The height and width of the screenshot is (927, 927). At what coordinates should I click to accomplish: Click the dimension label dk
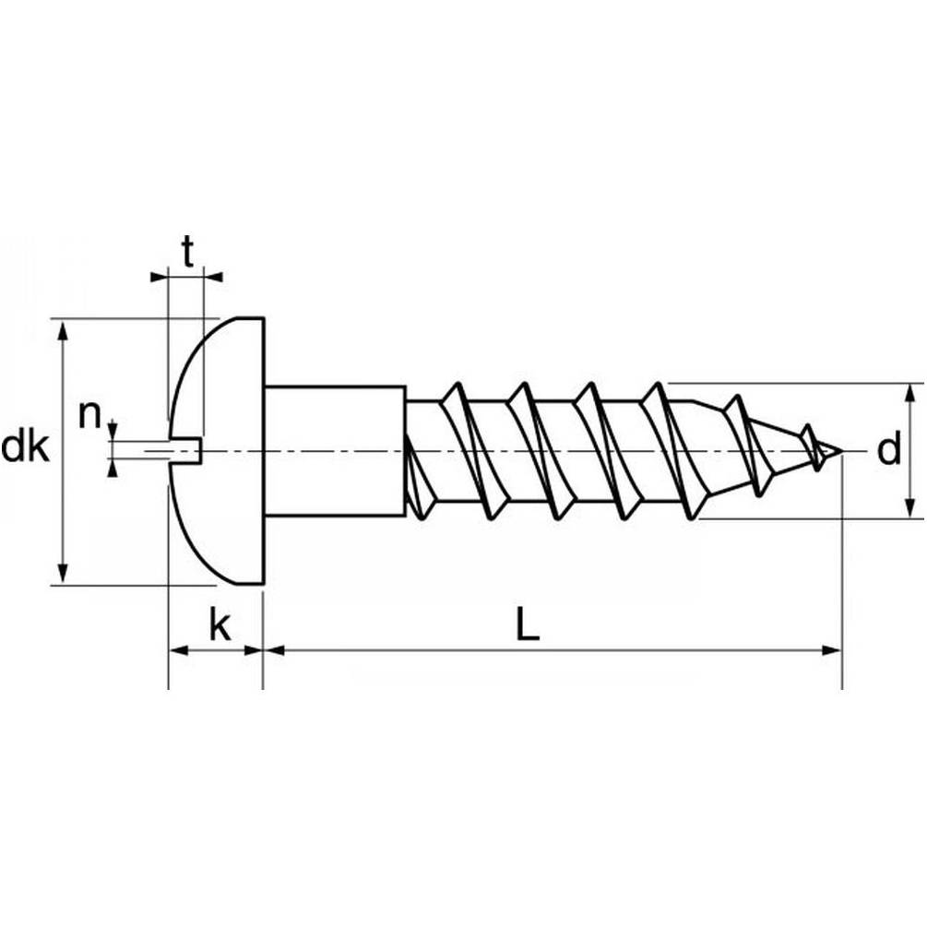coord(25,448)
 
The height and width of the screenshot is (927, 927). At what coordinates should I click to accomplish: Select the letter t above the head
coord(188,250)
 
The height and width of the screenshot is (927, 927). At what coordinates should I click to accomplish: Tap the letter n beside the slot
coord(89,416)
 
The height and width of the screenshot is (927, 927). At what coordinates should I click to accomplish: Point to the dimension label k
coord(219,626)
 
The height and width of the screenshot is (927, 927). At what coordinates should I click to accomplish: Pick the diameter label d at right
coord(888,450)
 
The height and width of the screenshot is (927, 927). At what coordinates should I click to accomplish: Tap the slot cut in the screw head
coord(184,450)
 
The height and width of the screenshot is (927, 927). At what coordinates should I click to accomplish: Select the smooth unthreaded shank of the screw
coord(334,450)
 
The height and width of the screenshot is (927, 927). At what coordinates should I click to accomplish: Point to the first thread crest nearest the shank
coord(451,391)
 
